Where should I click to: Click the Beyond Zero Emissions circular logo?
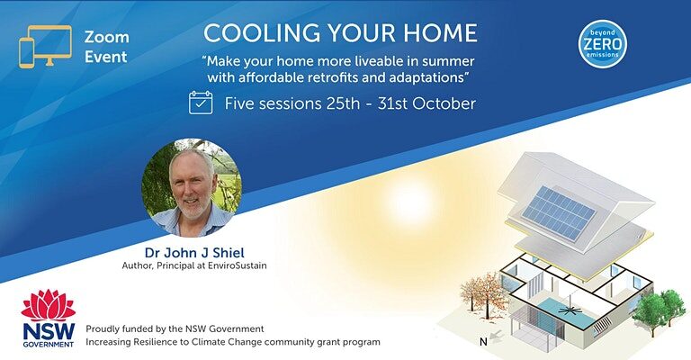(603, 43)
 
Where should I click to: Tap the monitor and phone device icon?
(45, 47)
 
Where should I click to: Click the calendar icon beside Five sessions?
(201, 103)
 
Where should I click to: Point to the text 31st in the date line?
(392, 103)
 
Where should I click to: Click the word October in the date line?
(444, 103)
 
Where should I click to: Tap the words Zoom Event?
(107, 47)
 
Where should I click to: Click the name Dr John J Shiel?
(194, 253)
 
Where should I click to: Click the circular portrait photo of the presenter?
(192, 188)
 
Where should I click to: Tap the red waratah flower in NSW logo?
(49, 305)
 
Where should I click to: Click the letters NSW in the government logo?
(49, 331)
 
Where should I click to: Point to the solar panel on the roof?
(559, 212)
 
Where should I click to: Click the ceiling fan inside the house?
(570, 310)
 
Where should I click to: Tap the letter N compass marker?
(483, 341)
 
